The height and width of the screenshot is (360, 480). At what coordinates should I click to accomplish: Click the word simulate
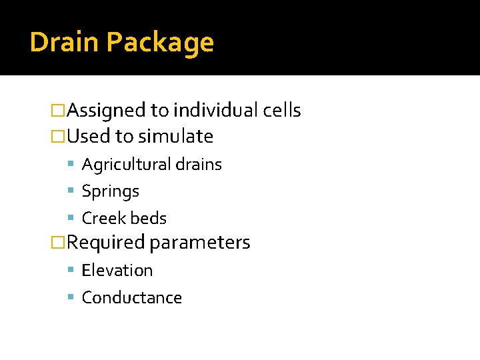(175, 137)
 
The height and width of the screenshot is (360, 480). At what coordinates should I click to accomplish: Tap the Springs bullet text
(110, 192)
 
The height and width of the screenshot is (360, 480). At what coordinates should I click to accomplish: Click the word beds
(148, 218)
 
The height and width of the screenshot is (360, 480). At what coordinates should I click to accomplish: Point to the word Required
(106, 243)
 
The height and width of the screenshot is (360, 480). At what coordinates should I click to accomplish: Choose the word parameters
(199, 243)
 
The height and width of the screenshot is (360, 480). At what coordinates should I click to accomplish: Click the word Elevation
(117, 270)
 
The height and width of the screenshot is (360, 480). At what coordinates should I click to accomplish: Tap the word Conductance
(131, 297)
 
